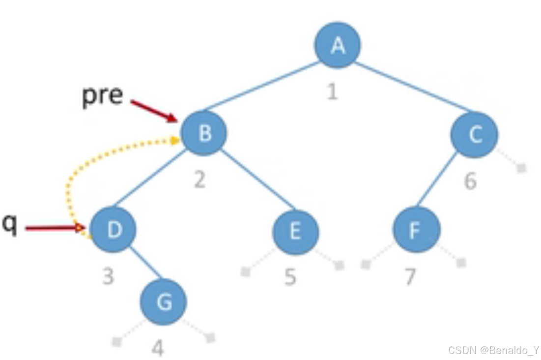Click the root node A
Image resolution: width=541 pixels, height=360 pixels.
coord(338,45)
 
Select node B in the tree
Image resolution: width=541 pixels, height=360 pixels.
coord(204,133)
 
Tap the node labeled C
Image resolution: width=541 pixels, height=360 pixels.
coord(474,134)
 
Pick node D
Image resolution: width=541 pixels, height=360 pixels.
coord(113,229)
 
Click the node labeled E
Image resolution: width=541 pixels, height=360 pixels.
coord(296,232)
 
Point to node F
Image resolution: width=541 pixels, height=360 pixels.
coord(417,229)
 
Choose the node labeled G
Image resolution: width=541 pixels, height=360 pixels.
coord(164,302)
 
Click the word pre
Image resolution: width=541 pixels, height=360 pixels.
coord(103,95)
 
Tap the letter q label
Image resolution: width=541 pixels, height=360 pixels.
coord(9,224)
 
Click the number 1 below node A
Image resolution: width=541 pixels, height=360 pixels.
coord(332,92)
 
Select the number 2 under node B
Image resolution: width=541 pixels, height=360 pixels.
coord(200,180)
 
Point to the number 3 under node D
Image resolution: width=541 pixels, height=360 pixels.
coord(108,276)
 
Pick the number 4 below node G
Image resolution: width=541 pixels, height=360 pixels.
coord(158,348)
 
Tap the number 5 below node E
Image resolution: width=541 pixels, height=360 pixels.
coord(290,277)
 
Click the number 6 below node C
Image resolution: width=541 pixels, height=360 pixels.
coord(470,180)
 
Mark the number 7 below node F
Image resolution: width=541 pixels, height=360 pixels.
coord(410,277)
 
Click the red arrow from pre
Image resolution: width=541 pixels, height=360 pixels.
coord(154,111)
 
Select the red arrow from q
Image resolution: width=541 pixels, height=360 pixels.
coord(55,228)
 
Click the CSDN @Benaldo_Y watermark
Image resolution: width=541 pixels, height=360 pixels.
coord(493,350)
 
